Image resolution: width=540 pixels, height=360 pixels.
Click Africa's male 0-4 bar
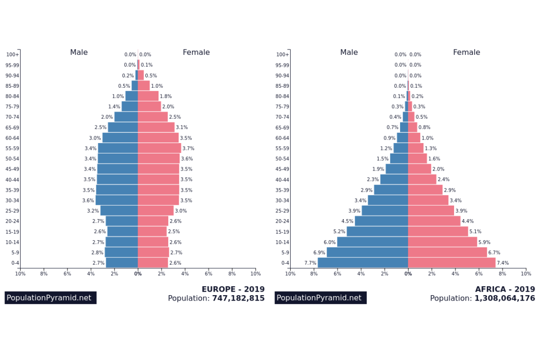[363, 263]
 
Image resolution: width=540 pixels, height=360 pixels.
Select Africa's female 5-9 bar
[447, 252]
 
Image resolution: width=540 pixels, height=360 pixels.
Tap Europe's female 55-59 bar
[159, 148]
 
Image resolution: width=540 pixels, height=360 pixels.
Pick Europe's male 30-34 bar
[117, 200]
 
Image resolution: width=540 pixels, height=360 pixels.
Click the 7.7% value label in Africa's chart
[310, 263]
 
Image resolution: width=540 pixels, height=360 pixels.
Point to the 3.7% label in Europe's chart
[188, 148]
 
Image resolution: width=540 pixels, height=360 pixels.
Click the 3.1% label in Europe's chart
[182, 127]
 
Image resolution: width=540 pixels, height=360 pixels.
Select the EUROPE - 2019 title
[233, 289]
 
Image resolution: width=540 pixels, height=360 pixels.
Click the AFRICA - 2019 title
[505, 289]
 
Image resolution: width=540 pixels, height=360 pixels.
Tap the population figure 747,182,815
[238, 298]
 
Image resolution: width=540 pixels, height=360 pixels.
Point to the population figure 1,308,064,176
[505, 298]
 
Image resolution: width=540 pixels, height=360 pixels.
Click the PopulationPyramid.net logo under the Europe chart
[50, 298]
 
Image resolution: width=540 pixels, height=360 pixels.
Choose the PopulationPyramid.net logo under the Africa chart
[320, 298]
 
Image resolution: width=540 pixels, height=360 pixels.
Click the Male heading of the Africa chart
[349, 52]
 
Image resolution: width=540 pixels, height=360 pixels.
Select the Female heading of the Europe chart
[196, 52]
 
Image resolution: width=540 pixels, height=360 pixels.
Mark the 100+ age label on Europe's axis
[13, 54]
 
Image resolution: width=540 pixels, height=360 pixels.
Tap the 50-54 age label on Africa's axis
[282, 159]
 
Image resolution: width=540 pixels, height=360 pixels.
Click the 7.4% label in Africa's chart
[503, 263]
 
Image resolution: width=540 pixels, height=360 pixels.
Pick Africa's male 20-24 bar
[381, 221]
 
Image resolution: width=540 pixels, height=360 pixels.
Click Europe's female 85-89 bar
[144, 85]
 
